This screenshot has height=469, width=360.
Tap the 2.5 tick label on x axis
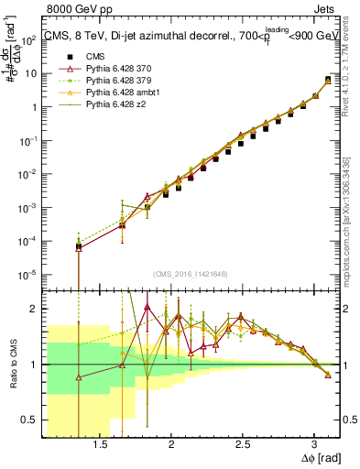point(243,442)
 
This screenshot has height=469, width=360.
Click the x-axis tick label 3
point(314,442)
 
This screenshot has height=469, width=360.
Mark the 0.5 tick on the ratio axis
point(33,420)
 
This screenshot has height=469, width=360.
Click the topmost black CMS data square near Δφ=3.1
point(328,81)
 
